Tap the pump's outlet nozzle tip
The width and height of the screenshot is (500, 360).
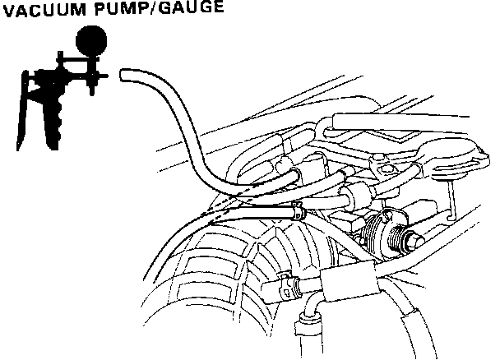click(103, 78)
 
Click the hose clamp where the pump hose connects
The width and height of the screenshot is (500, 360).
click(297, 210)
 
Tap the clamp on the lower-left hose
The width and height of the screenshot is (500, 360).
click(285, 284)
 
